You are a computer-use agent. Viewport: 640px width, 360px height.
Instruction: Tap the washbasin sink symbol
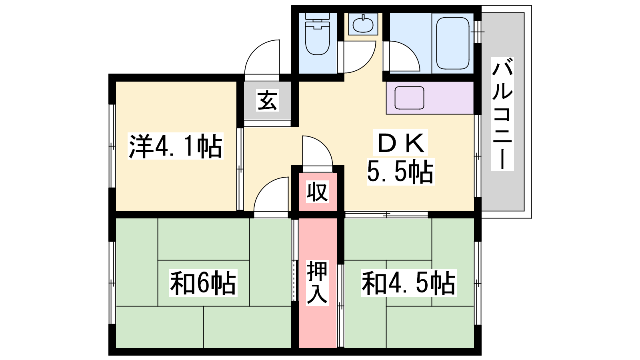coord(363,24)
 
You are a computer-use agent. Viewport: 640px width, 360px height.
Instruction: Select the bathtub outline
coord(453,43)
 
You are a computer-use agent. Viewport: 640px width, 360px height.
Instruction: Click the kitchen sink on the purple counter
coord(409,98)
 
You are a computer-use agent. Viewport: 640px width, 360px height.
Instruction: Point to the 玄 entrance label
coord(267,100)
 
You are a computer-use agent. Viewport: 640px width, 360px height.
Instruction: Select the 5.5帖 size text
coord(400,172)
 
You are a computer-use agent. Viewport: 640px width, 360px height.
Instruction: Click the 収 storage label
coord(317,192)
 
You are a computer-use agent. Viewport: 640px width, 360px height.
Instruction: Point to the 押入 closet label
coord(317,283)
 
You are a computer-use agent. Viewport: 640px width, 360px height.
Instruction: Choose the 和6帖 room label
coord(203,283)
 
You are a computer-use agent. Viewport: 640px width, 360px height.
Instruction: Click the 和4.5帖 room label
coord(408,283)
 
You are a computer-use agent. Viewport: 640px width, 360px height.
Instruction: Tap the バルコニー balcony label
coord(502,114)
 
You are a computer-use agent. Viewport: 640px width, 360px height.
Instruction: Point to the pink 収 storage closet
coord(318,192)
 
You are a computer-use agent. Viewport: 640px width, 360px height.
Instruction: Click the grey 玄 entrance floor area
coord(268,100)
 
